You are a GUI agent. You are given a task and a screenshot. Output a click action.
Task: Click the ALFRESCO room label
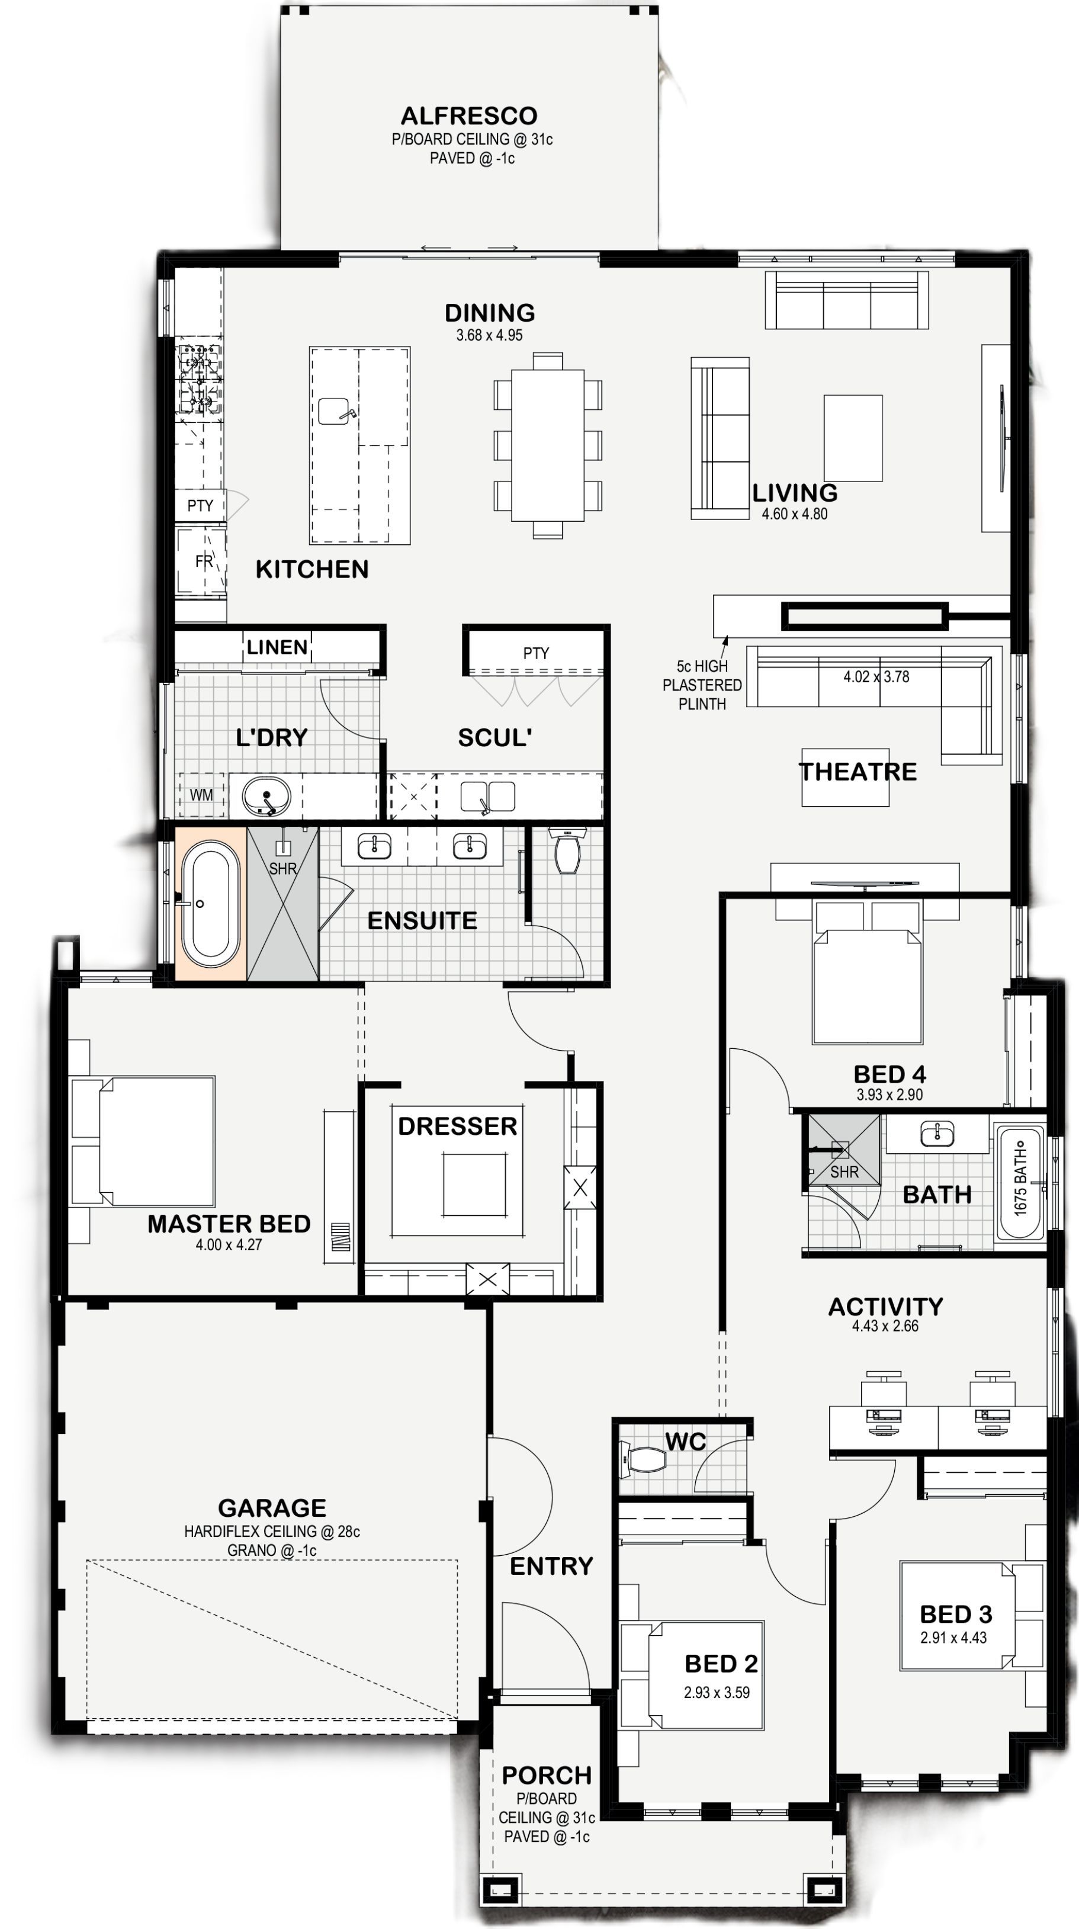coord(469,116)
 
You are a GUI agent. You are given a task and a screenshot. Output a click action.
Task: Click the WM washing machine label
coord(201,794)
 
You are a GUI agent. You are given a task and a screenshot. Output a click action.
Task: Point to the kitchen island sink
coord(335,411)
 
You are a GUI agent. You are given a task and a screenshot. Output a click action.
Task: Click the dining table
coord(547,445)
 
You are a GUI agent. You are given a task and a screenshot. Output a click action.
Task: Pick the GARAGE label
coord(272,1507)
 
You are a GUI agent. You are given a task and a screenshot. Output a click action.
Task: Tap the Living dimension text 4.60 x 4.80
coord(795,513)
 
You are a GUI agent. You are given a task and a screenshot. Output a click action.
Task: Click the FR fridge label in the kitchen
coord(204,561)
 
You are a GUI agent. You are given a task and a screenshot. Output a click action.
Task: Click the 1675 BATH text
coord(1020,1183)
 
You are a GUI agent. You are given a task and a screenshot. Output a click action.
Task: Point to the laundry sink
coord(265,795)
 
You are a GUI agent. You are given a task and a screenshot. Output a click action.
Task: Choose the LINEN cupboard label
coord(277,647)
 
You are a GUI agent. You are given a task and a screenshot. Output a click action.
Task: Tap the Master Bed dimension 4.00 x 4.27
coord(229,1244)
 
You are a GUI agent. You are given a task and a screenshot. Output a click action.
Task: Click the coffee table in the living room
coord(853,438)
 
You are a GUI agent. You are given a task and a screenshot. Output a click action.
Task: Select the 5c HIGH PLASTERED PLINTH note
coord(702,685)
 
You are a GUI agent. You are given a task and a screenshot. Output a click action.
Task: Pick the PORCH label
coord(547,1775)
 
